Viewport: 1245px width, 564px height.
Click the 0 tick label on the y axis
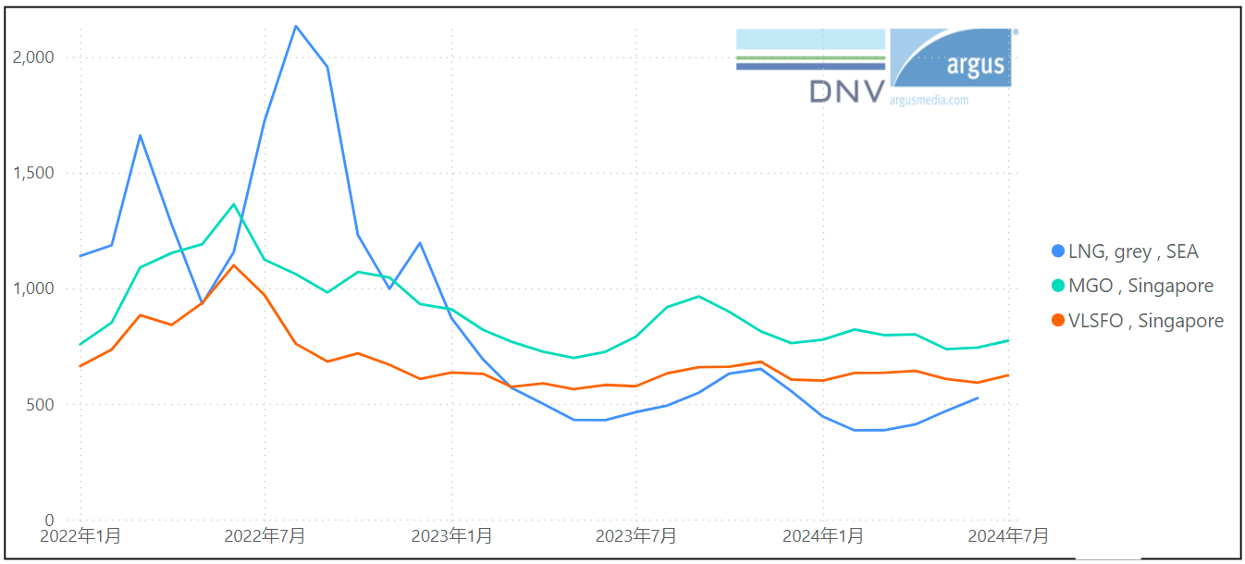pos(50,521)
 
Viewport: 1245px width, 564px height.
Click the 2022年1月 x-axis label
pos(80,536)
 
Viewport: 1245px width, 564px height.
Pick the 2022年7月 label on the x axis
pos(265,536)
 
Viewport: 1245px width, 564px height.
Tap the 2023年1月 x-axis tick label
pos(451,536)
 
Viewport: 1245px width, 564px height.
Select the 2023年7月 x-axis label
pos(636,536)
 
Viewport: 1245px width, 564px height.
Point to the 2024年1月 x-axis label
pos(822,536)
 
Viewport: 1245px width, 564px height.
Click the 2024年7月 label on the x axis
pos(1007,536)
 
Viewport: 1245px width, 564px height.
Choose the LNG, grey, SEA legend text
pos(1133,251)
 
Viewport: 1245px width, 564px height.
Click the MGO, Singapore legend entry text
pos(1140,286)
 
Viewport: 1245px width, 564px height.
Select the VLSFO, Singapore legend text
pos(1145,321)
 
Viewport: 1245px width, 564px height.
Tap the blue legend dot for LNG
pos(1058,251)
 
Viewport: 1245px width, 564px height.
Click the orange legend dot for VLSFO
pos(1058,321)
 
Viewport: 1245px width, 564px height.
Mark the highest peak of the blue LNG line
pos(296,26)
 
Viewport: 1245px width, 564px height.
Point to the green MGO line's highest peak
pos(234,204)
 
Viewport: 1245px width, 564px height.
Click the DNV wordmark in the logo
pos(846,91)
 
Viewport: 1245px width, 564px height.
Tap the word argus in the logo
pos(976,67)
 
